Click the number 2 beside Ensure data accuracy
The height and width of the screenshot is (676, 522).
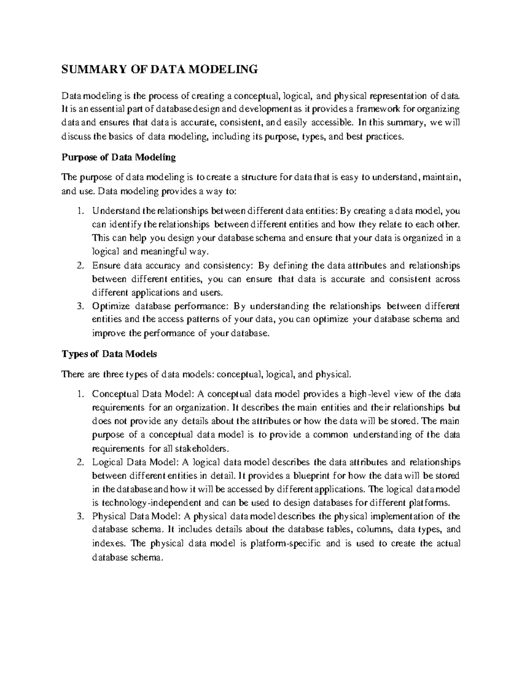pos(80,266)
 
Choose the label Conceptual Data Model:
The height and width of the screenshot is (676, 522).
pos(143,394)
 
